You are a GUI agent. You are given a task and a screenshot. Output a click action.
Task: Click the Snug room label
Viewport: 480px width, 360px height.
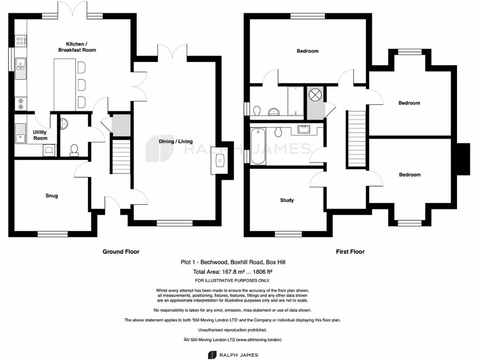(x=52, y=195)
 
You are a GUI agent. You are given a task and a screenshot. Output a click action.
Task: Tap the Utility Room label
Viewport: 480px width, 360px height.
(x=40, y=135)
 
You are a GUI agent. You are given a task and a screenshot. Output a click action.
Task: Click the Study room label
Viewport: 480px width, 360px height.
(x=287, y=200)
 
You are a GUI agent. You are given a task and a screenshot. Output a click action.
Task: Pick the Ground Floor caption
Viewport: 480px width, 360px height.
(x=121, y=252)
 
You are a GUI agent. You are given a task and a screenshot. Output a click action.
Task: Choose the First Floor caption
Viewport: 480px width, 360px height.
(x=350, y=252)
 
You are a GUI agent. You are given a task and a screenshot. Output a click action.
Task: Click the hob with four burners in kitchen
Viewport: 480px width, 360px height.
(x=21, y=41)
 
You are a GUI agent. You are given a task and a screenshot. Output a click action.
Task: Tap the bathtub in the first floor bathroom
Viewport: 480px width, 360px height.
(x=258, y=146)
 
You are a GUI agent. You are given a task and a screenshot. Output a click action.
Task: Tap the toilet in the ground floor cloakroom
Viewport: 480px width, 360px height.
(x=74, y=150)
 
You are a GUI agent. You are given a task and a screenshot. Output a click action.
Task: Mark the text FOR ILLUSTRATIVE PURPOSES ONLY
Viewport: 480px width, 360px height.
(x=233, y=280)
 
